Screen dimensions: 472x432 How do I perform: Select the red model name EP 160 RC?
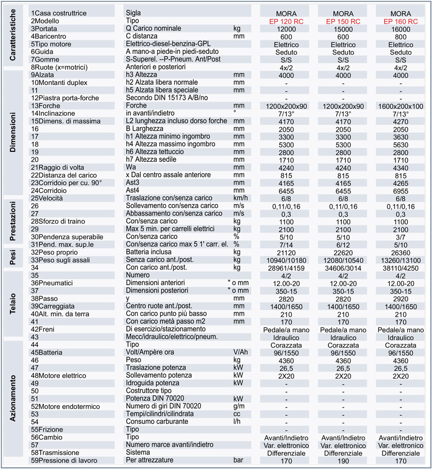click(401, 21)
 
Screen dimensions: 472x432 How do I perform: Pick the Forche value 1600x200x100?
click(401, 106)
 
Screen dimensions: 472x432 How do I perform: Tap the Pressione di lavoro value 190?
click(343, 460)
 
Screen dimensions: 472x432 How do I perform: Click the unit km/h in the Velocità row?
click(241, 198)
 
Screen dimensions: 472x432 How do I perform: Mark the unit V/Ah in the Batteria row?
click(241, 352)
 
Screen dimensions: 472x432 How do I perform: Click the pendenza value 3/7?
click(401, 237)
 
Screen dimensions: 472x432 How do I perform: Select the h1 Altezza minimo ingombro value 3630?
click(401, 136)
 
